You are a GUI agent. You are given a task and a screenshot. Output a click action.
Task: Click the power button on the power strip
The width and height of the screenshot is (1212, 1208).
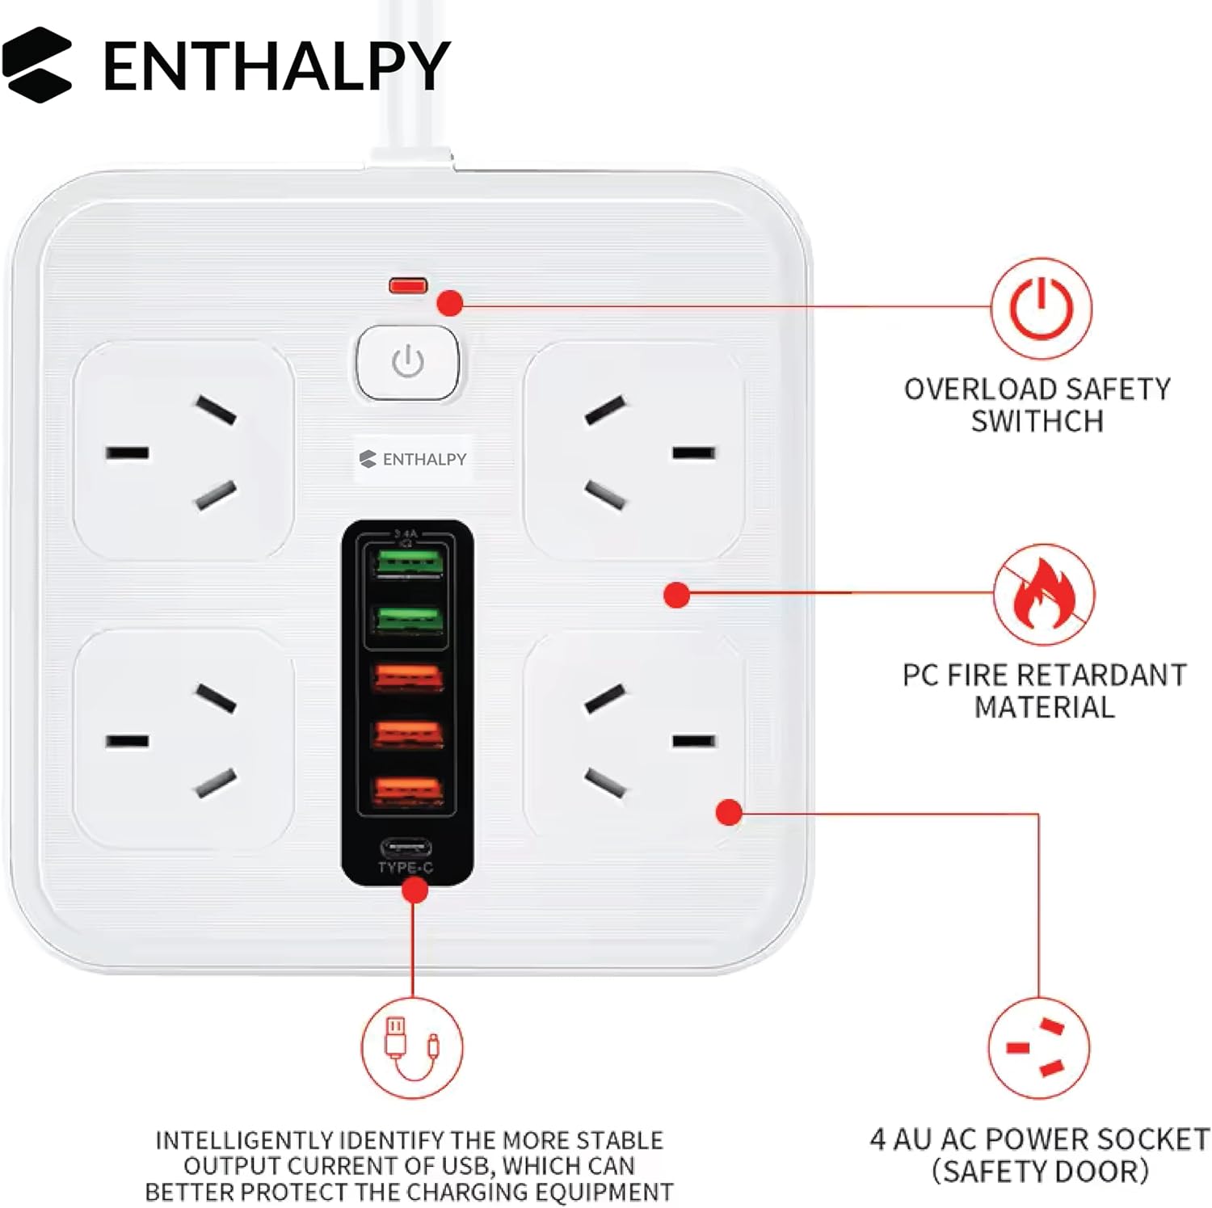coord(408,363)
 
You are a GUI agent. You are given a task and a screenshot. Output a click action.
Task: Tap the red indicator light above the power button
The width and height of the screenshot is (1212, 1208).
coord(408,285)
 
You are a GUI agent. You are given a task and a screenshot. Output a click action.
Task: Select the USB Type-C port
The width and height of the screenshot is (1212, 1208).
coord(406,848)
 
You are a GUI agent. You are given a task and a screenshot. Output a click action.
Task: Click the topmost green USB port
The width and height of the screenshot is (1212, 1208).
coord(408,562)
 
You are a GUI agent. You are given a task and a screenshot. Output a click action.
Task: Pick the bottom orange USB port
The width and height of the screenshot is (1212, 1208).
coord(408,791)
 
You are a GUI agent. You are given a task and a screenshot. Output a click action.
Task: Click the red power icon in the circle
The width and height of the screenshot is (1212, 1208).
coord(1042,308)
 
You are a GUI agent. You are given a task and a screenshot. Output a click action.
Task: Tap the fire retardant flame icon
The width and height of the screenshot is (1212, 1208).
coord(1044,595)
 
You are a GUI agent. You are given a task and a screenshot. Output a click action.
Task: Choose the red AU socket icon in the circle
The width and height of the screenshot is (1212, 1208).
coord(1039,1048)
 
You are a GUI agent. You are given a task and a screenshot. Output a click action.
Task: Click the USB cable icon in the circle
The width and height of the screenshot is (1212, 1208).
coord(412,1048)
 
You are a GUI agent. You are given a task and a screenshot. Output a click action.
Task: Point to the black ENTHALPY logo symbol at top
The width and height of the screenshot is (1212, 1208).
coord(37,65)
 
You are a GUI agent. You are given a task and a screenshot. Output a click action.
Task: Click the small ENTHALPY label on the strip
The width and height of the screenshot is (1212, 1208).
coord(413,459)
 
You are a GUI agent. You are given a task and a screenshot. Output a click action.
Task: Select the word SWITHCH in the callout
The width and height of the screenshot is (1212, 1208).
coord(1037,421)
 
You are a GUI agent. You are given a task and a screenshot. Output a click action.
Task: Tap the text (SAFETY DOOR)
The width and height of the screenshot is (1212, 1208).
coord(1040,1171)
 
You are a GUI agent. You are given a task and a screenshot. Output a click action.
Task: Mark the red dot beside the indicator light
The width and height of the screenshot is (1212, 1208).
coord(450,303)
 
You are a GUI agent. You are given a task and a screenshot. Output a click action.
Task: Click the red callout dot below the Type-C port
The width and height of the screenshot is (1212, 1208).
coord(415,890)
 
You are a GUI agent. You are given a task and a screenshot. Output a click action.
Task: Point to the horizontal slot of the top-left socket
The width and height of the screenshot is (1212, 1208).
coord(127,452)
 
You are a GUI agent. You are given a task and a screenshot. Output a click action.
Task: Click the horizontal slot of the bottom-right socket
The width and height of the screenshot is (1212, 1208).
coord(694,741)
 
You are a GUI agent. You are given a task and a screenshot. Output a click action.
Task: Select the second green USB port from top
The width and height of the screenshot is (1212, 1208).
coord(408,620)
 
